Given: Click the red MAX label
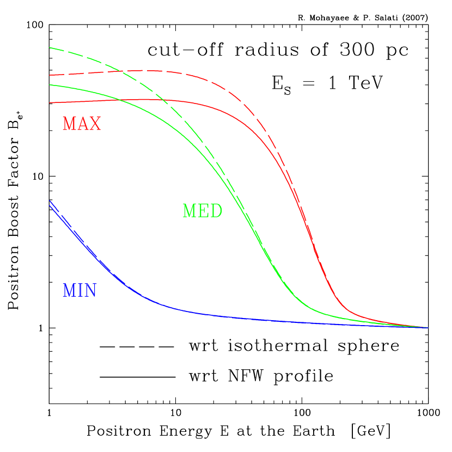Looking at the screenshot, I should tap(82, 124).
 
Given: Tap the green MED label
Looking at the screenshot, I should tap(202, 211).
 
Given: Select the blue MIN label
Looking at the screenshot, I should tap(80, 291).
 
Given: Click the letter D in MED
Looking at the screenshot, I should tap(216, 211).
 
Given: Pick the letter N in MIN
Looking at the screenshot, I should tap(90, 291).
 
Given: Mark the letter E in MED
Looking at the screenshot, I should tap(203, 211).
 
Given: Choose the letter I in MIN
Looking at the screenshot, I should tap(79, 291).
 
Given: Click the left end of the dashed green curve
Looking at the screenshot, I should tap(50, 47).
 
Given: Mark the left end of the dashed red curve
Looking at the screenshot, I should tap(50, 75).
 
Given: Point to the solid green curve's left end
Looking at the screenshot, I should tap(50, 85).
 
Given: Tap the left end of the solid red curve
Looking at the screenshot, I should tap(50, 102).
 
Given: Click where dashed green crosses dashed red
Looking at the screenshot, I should tap(121, 71).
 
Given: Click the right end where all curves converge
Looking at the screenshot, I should tap(428, 328).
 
